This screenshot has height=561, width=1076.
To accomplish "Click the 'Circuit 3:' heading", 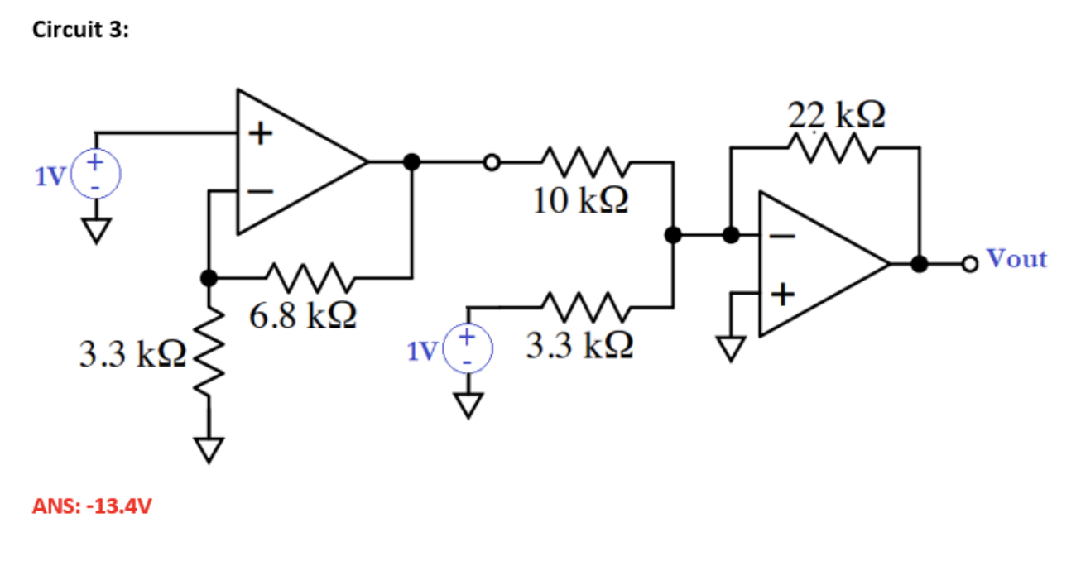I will tap(80, 31).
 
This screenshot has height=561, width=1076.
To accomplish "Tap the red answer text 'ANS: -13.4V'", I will tap(92, 506).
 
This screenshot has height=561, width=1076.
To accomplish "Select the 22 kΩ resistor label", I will tap(835, 114).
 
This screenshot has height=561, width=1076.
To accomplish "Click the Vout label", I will tap(1017, 259).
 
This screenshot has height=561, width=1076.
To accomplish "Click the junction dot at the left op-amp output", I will tap(411, 162).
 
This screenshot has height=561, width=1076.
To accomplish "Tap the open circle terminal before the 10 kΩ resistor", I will tap(492, 162).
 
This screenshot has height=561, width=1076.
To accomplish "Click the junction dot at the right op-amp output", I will tap(919, 264).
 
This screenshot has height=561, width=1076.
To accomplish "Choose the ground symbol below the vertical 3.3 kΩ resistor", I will tap(210, 448).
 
